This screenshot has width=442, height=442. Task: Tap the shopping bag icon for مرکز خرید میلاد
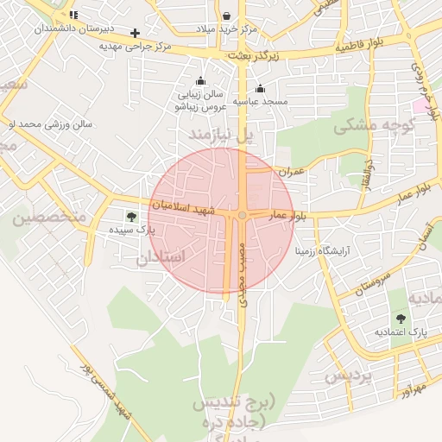click(226, 16)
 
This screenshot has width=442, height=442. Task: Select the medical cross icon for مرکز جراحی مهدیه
click(135, 33)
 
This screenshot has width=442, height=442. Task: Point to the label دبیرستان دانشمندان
click(74, 28)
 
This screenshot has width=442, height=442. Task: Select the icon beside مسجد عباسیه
click(261, 88)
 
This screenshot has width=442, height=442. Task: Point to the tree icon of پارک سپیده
click(131, 217)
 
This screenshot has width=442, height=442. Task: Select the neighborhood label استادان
click(161, 257)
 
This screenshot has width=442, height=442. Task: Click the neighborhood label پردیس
click(348, 376)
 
